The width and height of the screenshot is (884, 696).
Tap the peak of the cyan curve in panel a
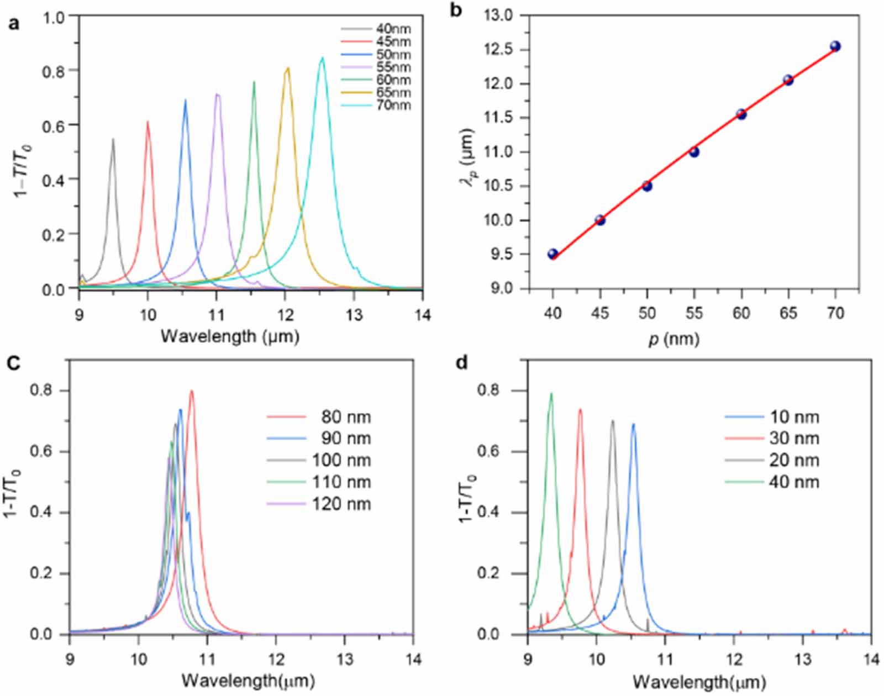coord(322,57)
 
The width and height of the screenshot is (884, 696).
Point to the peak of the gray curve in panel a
coord(113,139)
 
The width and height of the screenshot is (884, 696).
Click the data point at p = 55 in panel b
coord(694,152)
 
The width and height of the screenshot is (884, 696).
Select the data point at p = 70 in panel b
coord(835,46)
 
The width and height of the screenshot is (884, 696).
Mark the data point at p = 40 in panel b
coord(552,254)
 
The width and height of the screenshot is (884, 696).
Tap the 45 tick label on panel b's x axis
coord(599,313)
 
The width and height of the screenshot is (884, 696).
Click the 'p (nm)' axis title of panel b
coord(673,339)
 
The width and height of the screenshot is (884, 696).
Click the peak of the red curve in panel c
coord(192,391)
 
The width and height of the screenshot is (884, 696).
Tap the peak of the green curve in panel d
coord(551,394)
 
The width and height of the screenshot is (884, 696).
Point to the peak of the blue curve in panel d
coord(633,424)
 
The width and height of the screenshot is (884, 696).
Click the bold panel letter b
coord(456,9)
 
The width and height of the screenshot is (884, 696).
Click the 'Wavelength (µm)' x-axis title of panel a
coord(230,335)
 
